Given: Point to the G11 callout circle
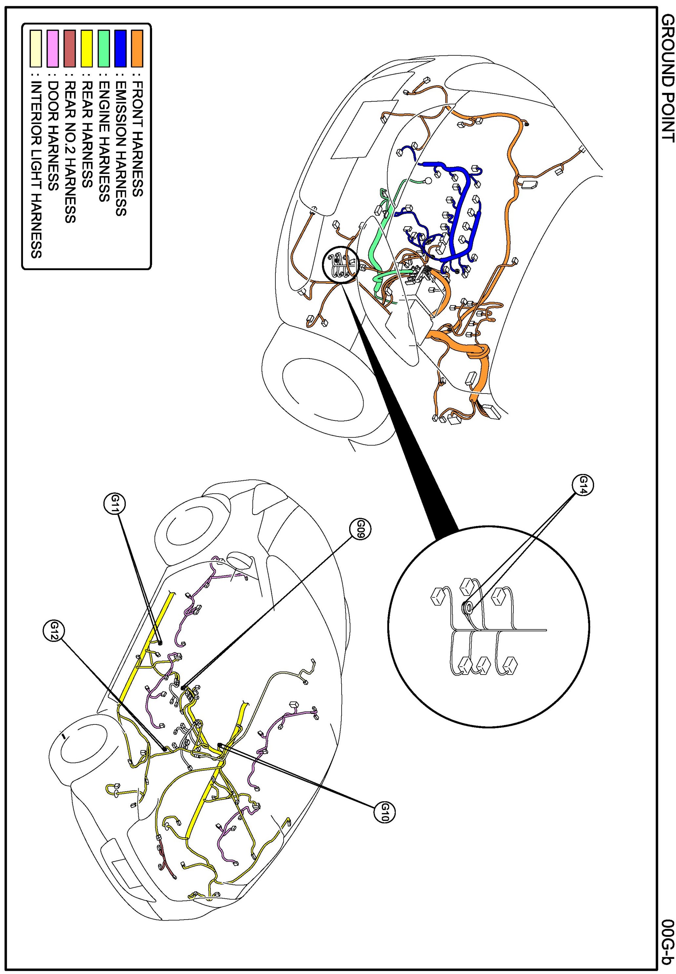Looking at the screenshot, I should pos(114,504).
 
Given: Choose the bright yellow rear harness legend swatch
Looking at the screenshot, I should pos(87,48).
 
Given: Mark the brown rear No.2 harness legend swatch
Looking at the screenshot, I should pos(70,48).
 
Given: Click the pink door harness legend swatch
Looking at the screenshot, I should pos(53,48).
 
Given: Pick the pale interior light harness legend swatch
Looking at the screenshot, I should pos(36,48).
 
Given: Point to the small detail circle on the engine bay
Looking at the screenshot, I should pos(341,265).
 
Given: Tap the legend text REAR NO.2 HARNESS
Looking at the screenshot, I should pos(70,152).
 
